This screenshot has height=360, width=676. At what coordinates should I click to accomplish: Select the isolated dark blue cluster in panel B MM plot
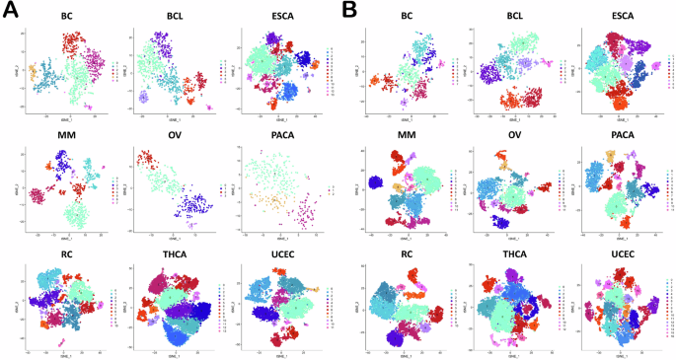coord(375,183)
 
